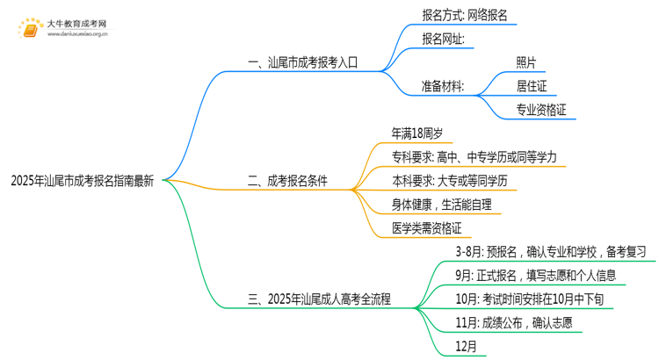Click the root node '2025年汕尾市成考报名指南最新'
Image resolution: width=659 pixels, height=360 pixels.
83,183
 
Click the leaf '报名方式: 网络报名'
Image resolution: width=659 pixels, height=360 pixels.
464,15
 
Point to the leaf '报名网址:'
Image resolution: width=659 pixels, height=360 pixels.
449,39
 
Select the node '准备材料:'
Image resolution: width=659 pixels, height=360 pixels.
444,86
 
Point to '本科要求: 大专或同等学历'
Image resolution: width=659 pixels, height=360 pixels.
450,182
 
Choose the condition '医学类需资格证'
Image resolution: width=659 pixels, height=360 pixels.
425,229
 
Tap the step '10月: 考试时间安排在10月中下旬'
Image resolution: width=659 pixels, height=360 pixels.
529,299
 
